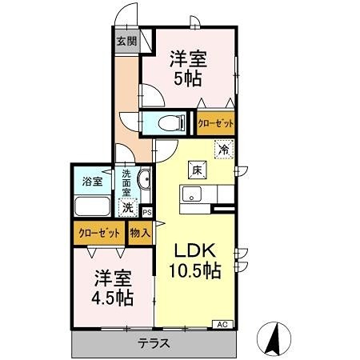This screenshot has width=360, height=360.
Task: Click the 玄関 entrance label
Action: [x=126, y=41]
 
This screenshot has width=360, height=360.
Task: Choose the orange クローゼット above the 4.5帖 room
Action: [x=99, y=233]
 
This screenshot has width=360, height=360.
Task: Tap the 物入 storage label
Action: [x=140, y=233]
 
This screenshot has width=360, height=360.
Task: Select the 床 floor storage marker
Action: [x=197, y=169]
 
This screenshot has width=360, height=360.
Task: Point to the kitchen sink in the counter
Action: [x=192, y=194]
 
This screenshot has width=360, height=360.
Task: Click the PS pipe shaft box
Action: [x=146, y=211]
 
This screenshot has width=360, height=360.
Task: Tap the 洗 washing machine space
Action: [x=127, y=207]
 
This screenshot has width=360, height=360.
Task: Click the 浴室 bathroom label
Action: [x=93, y=181]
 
